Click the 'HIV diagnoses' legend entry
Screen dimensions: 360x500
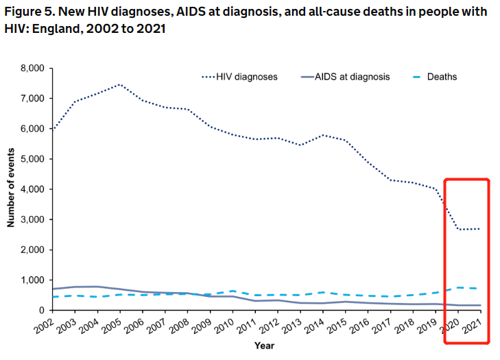pos(247,77)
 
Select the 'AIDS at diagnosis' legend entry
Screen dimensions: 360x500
pos(351,77)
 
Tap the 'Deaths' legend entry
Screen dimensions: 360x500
pos(442,77)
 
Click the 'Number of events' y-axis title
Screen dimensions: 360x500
pos(11,189)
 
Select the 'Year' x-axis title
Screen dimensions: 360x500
pos(265,346)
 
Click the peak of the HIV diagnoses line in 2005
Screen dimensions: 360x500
pos(119,85)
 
